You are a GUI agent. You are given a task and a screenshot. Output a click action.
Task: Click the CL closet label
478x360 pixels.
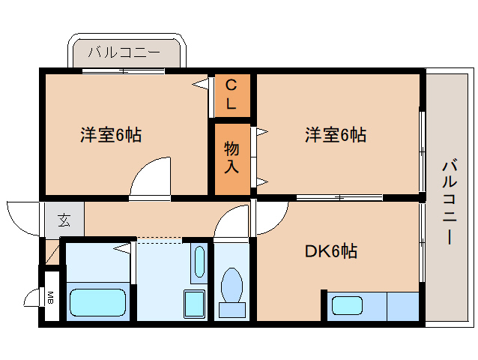[x=232, y=94]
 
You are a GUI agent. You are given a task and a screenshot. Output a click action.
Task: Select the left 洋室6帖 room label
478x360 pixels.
[x=111, y=135]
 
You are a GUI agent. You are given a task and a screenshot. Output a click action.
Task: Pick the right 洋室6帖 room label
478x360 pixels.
[x=335, y=135]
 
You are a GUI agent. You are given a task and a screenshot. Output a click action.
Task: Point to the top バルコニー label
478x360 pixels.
[x=124, y=52]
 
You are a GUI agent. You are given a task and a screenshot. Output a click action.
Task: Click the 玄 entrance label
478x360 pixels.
[x=64, y=220]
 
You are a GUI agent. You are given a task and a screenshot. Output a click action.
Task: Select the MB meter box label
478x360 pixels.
[x=51, y=298]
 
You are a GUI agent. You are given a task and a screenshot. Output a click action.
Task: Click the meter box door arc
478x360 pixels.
[x=32, y=297]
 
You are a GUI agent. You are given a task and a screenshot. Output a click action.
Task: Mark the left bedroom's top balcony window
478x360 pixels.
[x=123, y=70]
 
